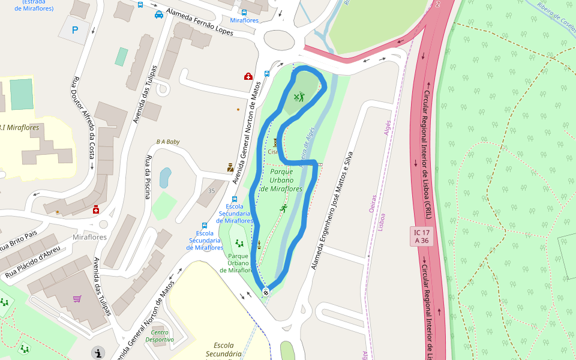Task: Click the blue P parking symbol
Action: (75, 30)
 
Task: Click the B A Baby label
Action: (168, 142)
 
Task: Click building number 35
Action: (211, 191)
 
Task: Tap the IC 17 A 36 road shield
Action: (422, 236)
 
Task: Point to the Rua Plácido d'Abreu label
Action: (33, 263)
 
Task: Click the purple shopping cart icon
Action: (77, 299)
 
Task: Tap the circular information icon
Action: (98, 352)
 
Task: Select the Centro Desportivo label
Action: (160, 336)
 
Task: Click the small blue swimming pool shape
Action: (165, 178)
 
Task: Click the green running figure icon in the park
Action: (283, 208)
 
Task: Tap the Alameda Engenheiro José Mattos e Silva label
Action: (330, 211)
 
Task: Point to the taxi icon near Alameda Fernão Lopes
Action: (159, 14)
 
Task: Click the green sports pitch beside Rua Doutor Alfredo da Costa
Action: (22, 94)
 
